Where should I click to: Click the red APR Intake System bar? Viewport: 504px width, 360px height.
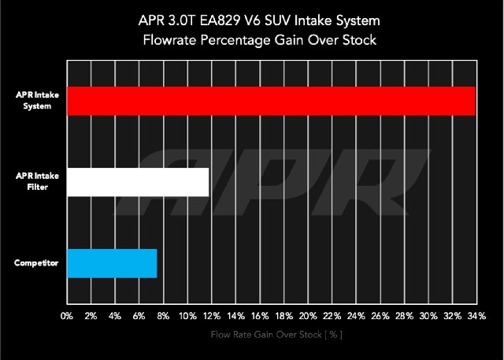pos(271,101)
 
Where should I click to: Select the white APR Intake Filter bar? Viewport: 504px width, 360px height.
pos(138,182)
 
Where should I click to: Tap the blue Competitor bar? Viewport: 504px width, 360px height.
pos(112,263)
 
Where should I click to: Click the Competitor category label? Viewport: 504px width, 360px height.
pos(36,263)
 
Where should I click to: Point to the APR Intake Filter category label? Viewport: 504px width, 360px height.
pos(37,181)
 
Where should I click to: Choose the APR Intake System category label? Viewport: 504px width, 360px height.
pos(37,100)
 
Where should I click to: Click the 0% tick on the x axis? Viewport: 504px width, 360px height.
pos(67,316)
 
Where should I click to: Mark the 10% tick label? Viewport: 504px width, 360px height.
pos(187,316)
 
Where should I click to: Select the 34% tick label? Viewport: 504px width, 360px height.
pos(476,316)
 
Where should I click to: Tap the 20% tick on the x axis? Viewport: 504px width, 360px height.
pos(308,316)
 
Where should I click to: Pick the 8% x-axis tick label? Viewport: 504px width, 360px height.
pos(163,316)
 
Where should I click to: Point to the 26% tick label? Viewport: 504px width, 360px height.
pos(380,316)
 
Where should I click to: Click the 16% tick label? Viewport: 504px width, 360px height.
pos(260,316)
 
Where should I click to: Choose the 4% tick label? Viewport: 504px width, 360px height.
pos(115,316)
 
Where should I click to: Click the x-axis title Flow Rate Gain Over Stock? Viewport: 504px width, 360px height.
pos(276,335)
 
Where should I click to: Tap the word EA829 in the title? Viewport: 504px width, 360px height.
pos(220,20)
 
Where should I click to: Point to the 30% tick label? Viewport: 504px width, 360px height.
pos(428,316)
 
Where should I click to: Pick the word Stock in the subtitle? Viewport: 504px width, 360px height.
pos(359,40)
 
